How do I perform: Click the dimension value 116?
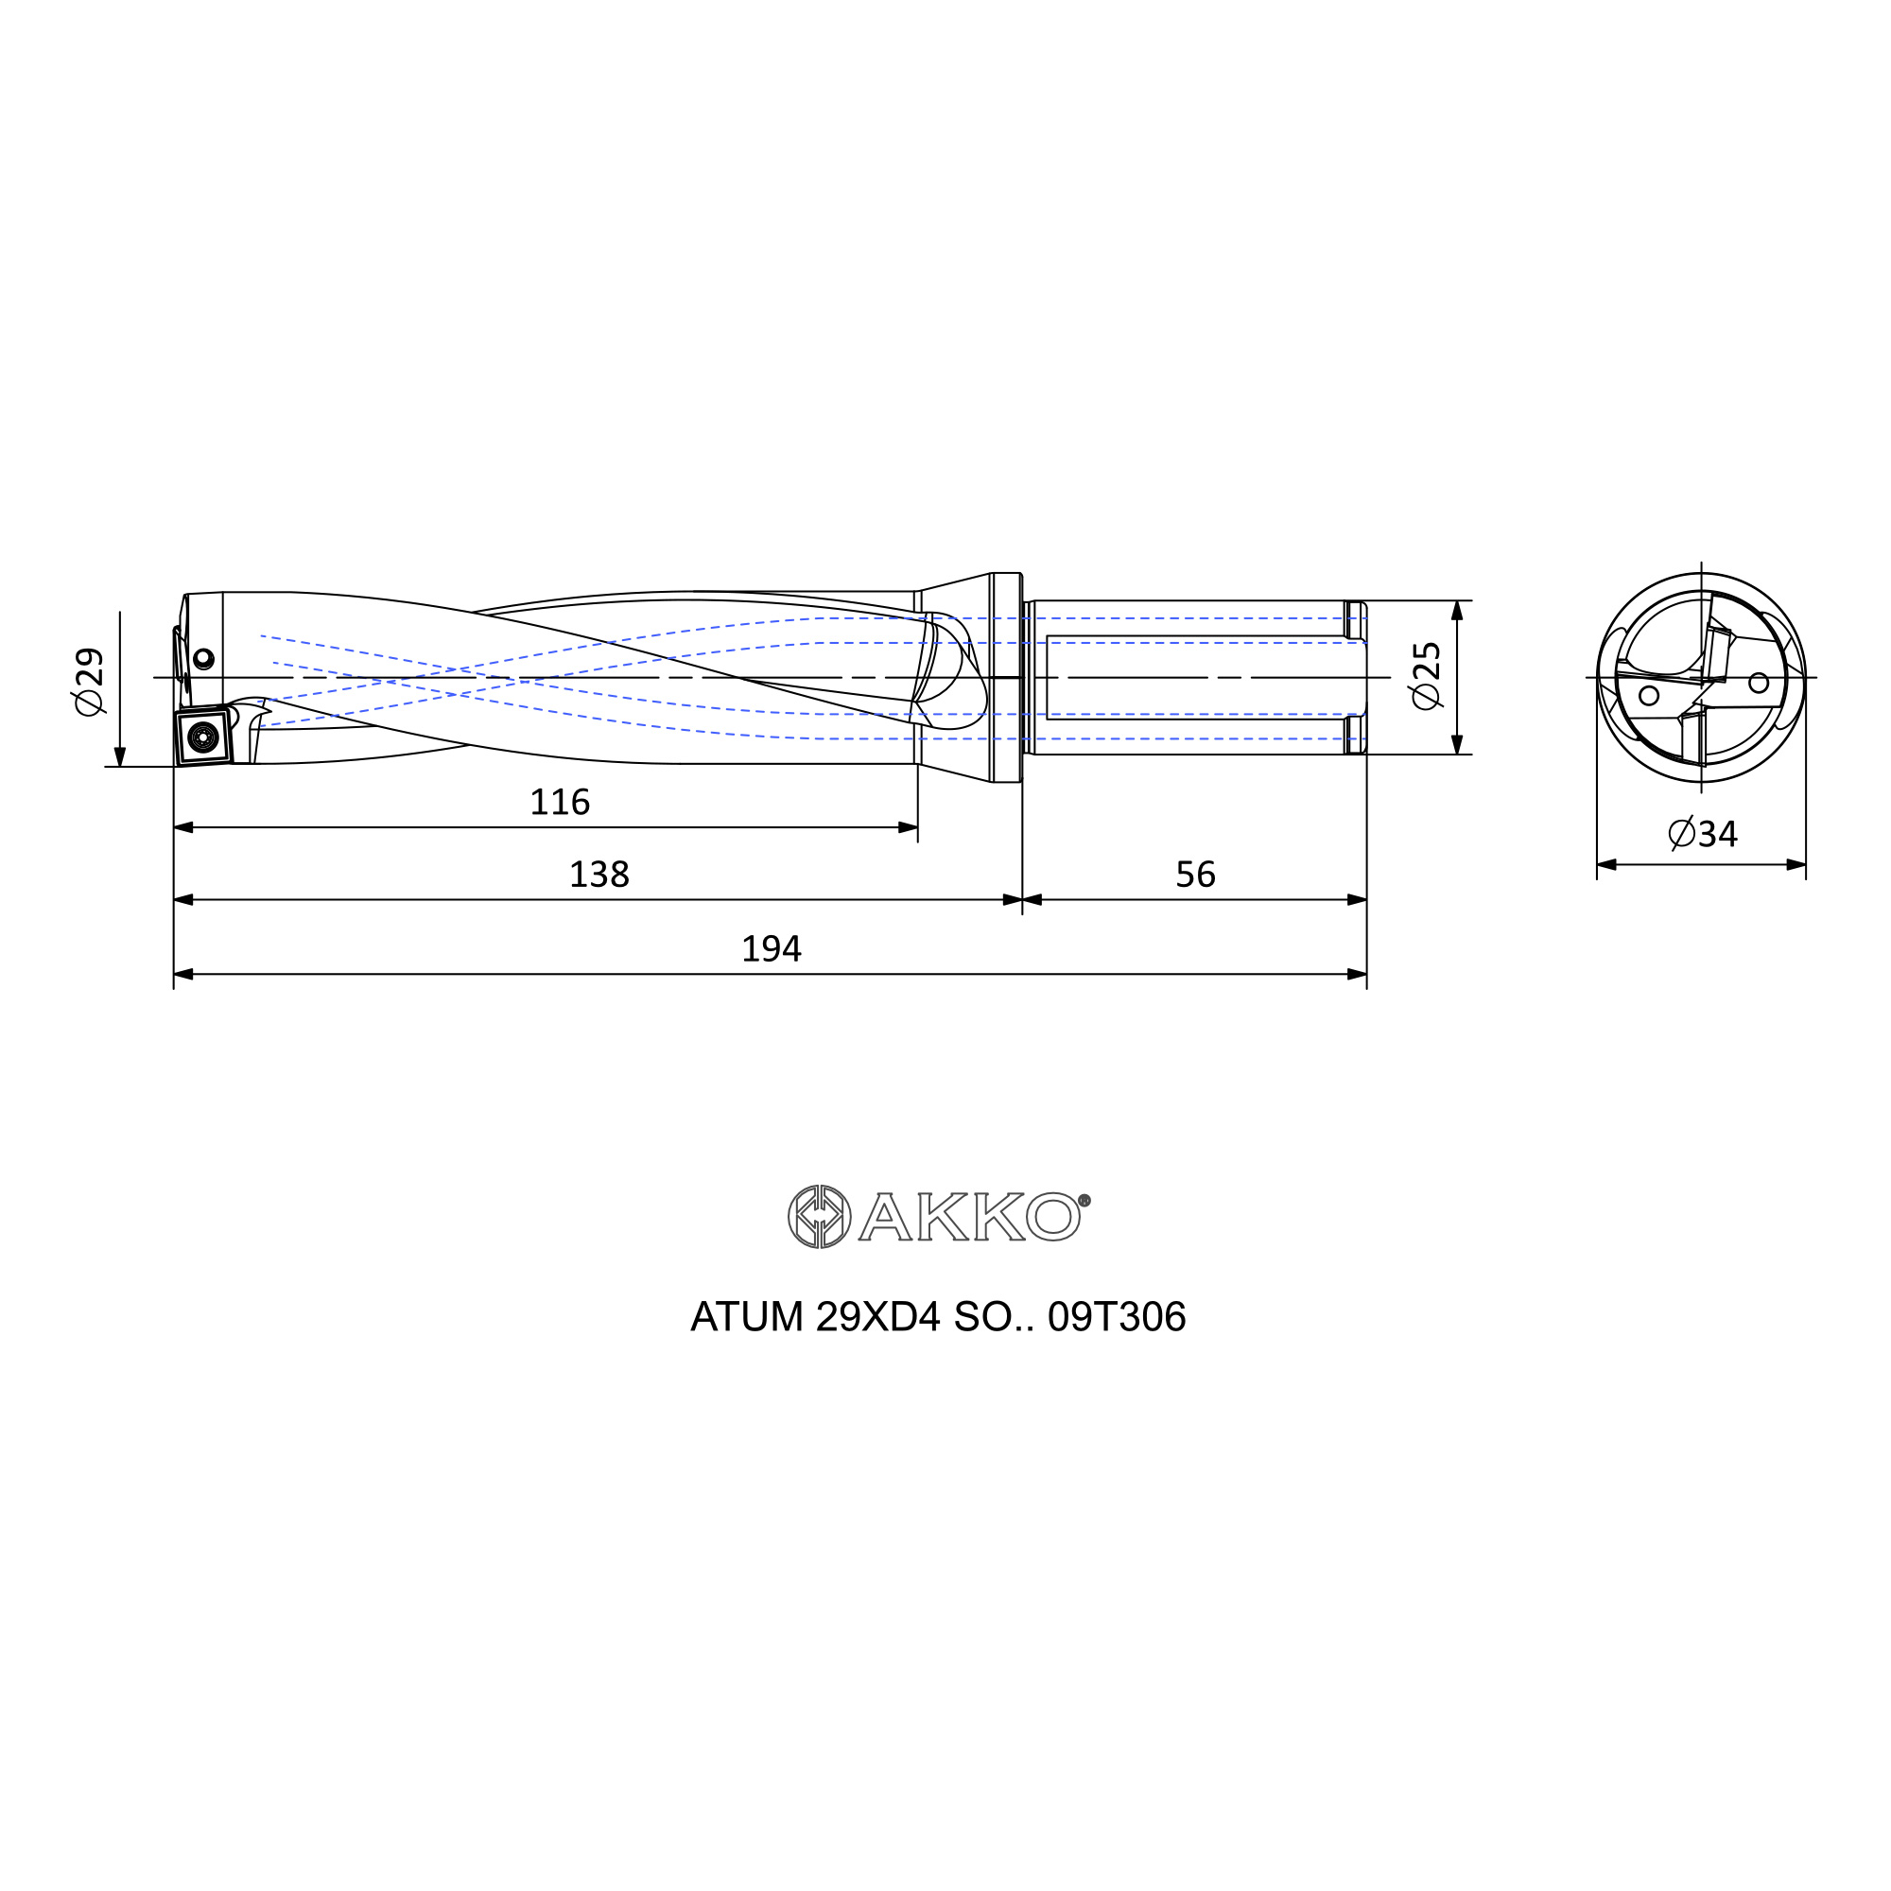(560, 803)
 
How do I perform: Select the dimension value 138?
(599, 874)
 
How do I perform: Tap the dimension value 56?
(1195, 874)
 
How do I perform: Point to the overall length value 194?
(772, 948)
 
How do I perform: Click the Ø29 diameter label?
(89, 681)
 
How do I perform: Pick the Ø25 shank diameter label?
(1425, 675)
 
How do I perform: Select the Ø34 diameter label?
(1703, 834)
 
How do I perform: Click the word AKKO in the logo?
(969, 1217)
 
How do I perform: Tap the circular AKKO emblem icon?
(819, 1217)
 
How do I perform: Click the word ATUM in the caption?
(747, 1317)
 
